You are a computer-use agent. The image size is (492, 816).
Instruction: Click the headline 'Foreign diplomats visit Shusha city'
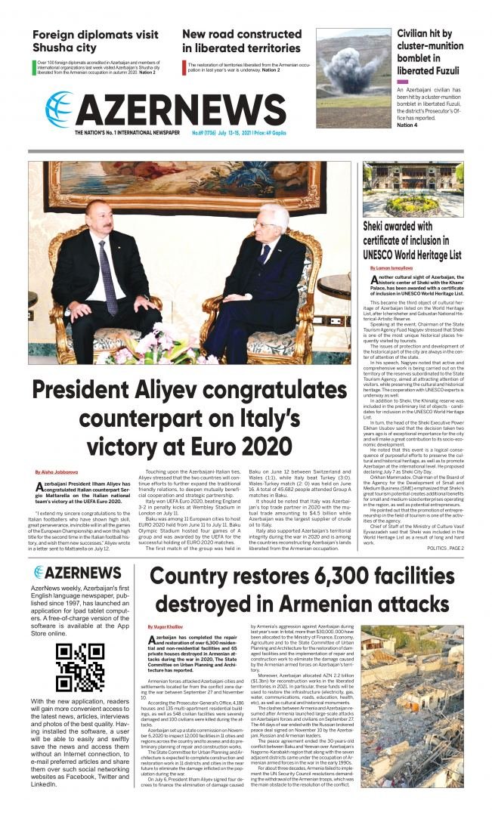[95, 42]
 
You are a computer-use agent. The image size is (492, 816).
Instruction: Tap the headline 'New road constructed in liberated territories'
[241, 41]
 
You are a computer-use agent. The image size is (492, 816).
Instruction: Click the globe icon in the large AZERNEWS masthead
[60, 108]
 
